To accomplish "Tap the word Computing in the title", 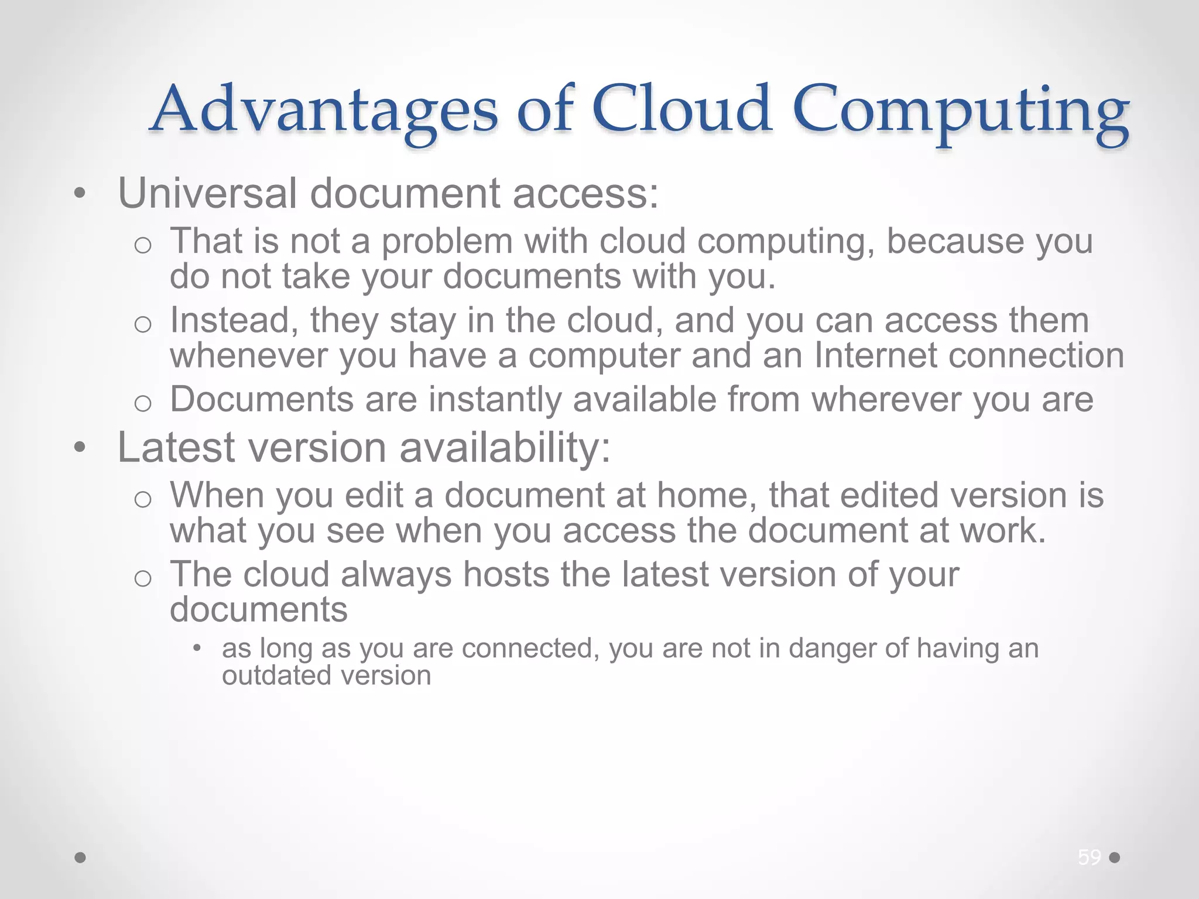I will tap(960, 111).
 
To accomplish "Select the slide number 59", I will tap(1089, 857).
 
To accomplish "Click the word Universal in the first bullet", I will tap(207, 193).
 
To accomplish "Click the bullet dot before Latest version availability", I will tap(80, 448).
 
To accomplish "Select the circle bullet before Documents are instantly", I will tap(143, 403).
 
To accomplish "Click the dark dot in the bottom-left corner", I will tap(81, 857).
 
